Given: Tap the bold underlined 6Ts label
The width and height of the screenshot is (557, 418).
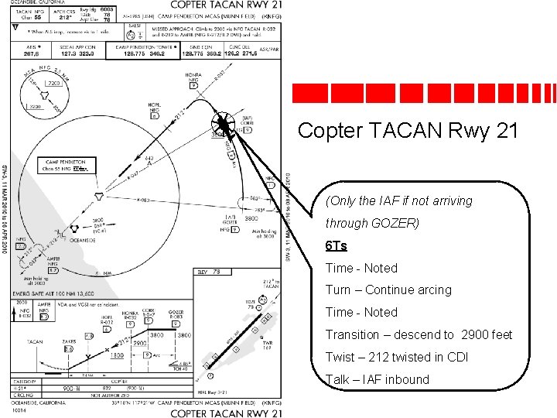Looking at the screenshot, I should click(x=336, y=245).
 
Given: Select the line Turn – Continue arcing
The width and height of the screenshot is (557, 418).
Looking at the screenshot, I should click(x=388, y=290).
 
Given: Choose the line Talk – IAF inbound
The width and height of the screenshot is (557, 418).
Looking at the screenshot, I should click(x=377, y=379).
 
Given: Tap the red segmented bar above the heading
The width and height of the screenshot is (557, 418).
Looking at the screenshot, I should click(x=423, y=92).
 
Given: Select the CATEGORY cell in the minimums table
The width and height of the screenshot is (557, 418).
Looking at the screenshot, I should click(x=29, y=382).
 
